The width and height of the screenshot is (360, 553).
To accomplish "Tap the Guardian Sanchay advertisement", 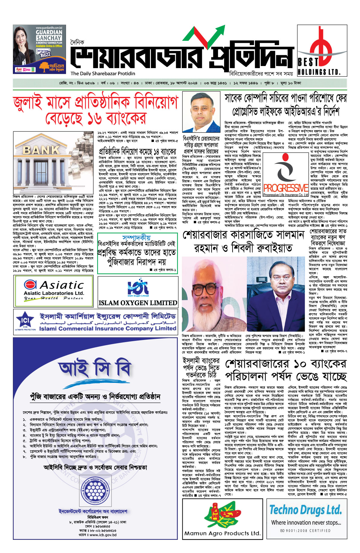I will click(x=39, y=49).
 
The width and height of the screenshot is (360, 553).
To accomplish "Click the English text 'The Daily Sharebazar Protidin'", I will click(x=103, y=74).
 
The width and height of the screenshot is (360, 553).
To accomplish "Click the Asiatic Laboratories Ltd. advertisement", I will click(x=54, y=290).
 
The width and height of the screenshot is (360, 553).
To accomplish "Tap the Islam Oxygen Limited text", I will click(x=138, y=303).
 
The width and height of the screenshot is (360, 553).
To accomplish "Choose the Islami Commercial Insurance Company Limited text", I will click(x=108, y=328).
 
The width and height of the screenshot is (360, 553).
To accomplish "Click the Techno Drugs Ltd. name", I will click(x=305, y=510).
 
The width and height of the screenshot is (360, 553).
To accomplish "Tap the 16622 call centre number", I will click(x=45, y=55).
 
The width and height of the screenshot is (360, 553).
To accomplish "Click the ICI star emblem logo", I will click(x=25, y=321).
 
